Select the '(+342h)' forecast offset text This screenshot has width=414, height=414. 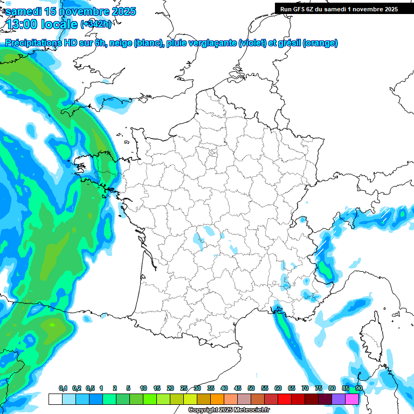95,24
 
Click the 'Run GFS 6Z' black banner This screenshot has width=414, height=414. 336,9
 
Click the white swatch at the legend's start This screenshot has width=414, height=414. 55,399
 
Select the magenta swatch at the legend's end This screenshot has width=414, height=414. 352,399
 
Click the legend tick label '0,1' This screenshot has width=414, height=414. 63,389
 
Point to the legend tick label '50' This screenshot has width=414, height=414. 251,389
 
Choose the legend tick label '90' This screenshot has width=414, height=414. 359,389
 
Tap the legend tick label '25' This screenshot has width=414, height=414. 184,389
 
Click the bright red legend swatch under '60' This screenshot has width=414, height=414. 285,399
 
